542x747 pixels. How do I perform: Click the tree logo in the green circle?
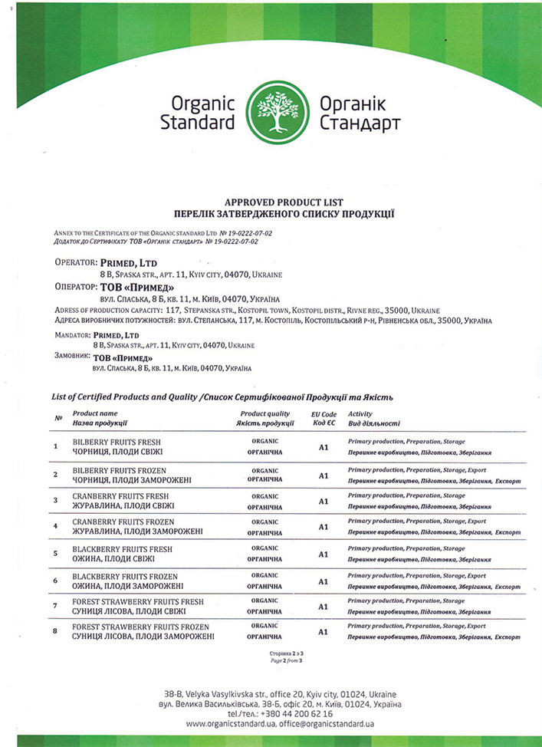(272, 113)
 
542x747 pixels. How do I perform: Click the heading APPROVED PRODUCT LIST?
(271, 201)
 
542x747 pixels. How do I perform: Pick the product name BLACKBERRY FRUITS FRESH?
(123, 549)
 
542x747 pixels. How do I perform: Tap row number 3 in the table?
(55, 500)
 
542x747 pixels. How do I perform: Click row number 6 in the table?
(55, 581)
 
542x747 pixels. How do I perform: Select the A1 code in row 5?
(324, 554)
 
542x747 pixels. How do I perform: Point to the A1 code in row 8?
(324, 632)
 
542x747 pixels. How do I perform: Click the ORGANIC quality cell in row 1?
(264, 441)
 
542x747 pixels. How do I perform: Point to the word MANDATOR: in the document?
(72, 336)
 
